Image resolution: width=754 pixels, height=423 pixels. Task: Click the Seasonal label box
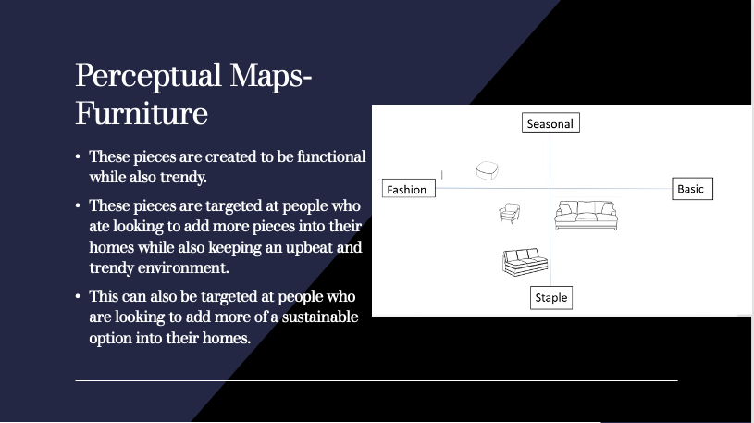pos(550,123)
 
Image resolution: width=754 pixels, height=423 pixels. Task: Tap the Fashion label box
pos(409,188)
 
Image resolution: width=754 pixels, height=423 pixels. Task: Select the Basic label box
pos(692,188)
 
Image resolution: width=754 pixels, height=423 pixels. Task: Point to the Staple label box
pos(551,298)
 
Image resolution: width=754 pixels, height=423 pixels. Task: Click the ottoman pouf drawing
pos(488,170)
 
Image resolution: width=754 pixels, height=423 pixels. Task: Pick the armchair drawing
pos(510,213)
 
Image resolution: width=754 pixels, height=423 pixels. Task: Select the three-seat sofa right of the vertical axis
pos(587,216)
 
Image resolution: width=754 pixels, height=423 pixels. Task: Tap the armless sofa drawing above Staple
pos(525,262)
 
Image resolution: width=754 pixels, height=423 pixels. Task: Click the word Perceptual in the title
pos(148,77)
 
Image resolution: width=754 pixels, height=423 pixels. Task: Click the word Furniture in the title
pos(142,114)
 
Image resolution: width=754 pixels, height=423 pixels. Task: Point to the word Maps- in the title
pos(271,77)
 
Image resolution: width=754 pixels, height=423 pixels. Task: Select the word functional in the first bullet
pos(331,156)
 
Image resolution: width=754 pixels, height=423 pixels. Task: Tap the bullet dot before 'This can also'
pos(78,297)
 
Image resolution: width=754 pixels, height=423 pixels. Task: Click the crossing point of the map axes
pos(550,188)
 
